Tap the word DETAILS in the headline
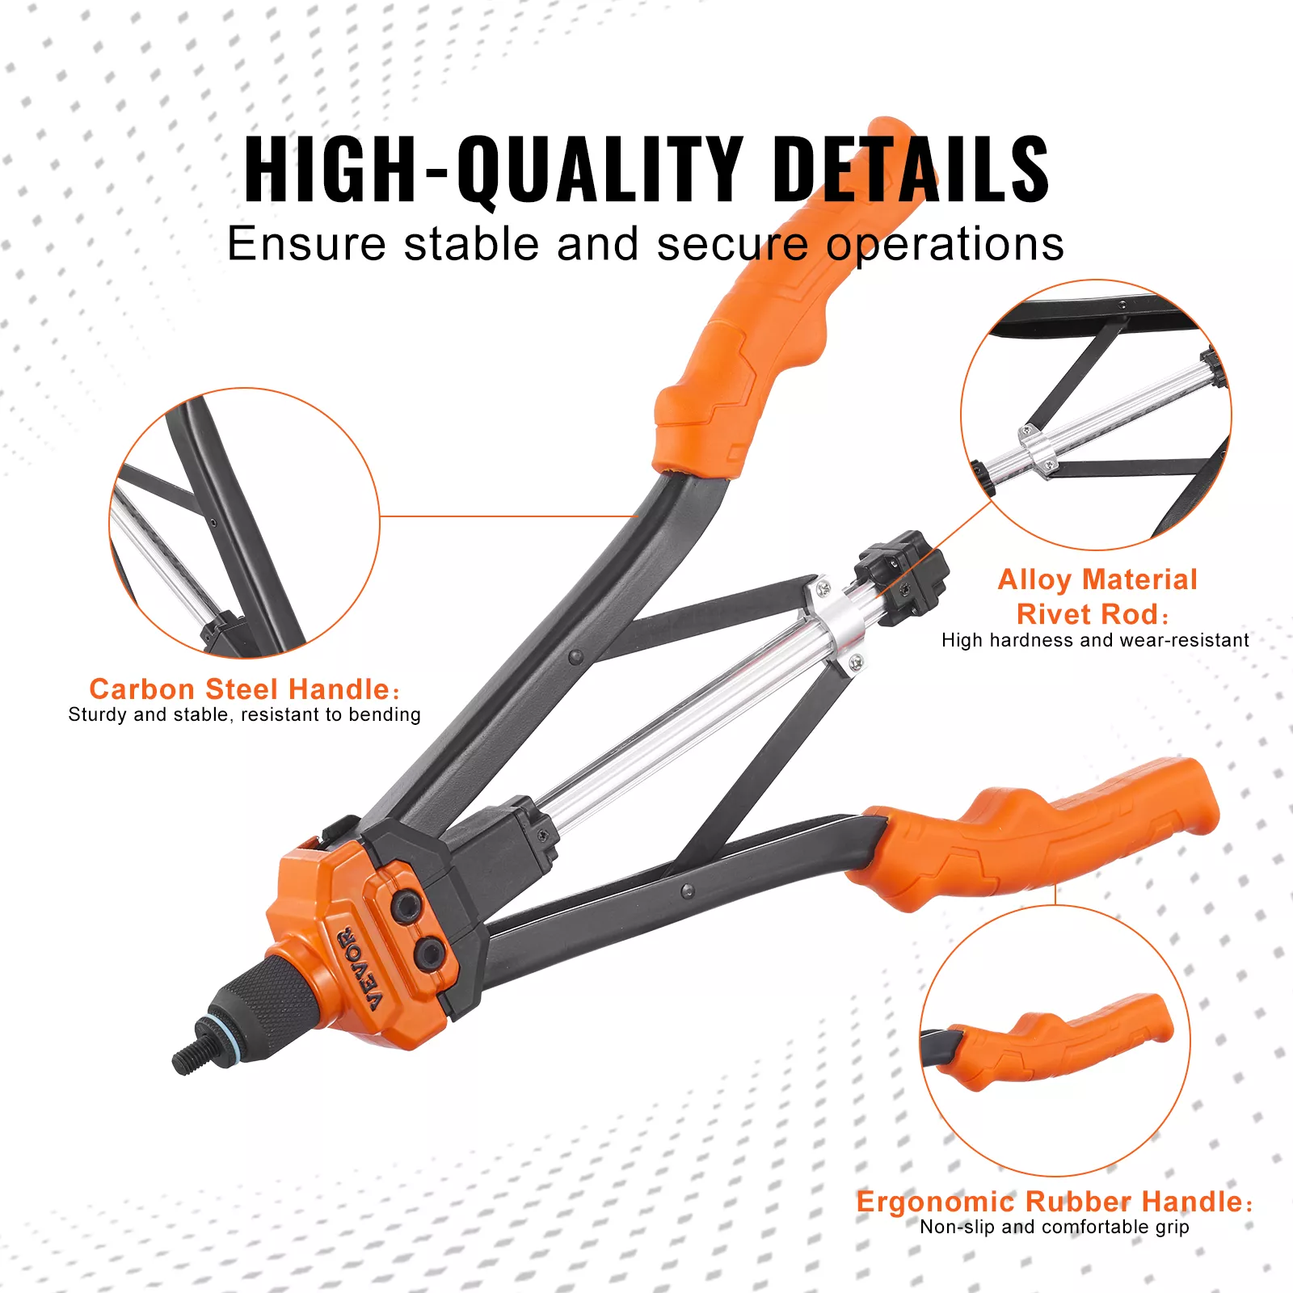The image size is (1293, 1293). click(x=911, y=170)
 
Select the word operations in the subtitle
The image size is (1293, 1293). click(x=945, y=244)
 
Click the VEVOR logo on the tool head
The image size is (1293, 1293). click(x=360, y=969)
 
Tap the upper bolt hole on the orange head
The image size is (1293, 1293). click(x=405, y=905)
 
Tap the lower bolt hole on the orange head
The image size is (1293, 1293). click(x=429, y=954)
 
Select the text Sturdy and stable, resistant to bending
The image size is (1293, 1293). click(x=244, y=714)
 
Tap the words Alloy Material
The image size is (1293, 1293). click(x=1097, y=579)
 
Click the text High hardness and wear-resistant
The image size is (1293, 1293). click(x=1095, y=640)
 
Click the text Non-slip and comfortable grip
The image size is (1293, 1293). click(x=1054, y=1227)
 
